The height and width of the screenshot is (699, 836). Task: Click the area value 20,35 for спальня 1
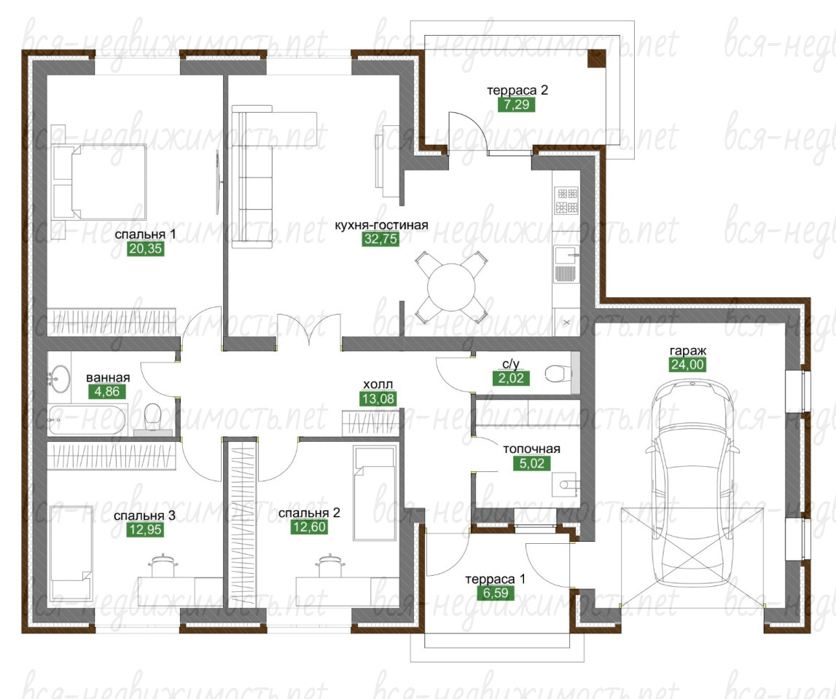(146, 249)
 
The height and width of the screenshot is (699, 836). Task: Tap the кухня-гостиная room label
(381, 225)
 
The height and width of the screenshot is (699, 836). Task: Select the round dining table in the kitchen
(451, 288)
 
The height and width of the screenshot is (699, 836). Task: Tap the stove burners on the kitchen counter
(566, 200)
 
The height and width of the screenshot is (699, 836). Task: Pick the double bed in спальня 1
(99, 181)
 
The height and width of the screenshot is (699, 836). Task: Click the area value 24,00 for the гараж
(688, 365)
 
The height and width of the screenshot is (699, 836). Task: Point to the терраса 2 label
(517, 90)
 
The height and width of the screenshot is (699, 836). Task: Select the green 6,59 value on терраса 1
(496, 593)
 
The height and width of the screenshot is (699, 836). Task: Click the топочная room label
(531, 449)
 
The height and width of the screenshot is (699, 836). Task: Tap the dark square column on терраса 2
(597, 58)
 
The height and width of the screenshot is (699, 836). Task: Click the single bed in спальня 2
(375, 494)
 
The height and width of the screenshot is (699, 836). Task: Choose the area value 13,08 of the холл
(378, 398)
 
